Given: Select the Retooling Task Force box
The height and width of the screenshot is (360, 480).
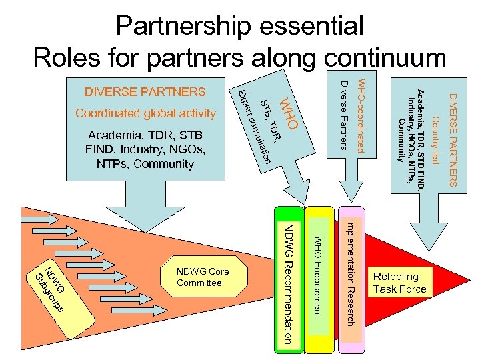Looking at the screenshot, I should click(399, 283).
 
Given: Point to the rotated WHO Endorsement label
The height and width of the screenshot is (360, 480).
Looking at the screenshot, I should click(318, 276).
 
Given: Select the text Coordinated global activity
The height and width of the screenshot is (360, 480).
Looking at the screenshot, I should click(145, 113).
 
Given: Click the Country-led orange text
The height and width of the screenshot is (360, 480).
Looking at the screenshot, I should click(435, 141).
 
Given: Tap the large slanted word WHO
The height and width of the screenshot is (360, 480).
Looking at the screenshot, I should click(291, 113).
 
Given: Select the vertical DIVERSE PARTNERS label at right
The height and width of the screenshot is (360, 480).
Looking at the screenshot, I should click(452, 141).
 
